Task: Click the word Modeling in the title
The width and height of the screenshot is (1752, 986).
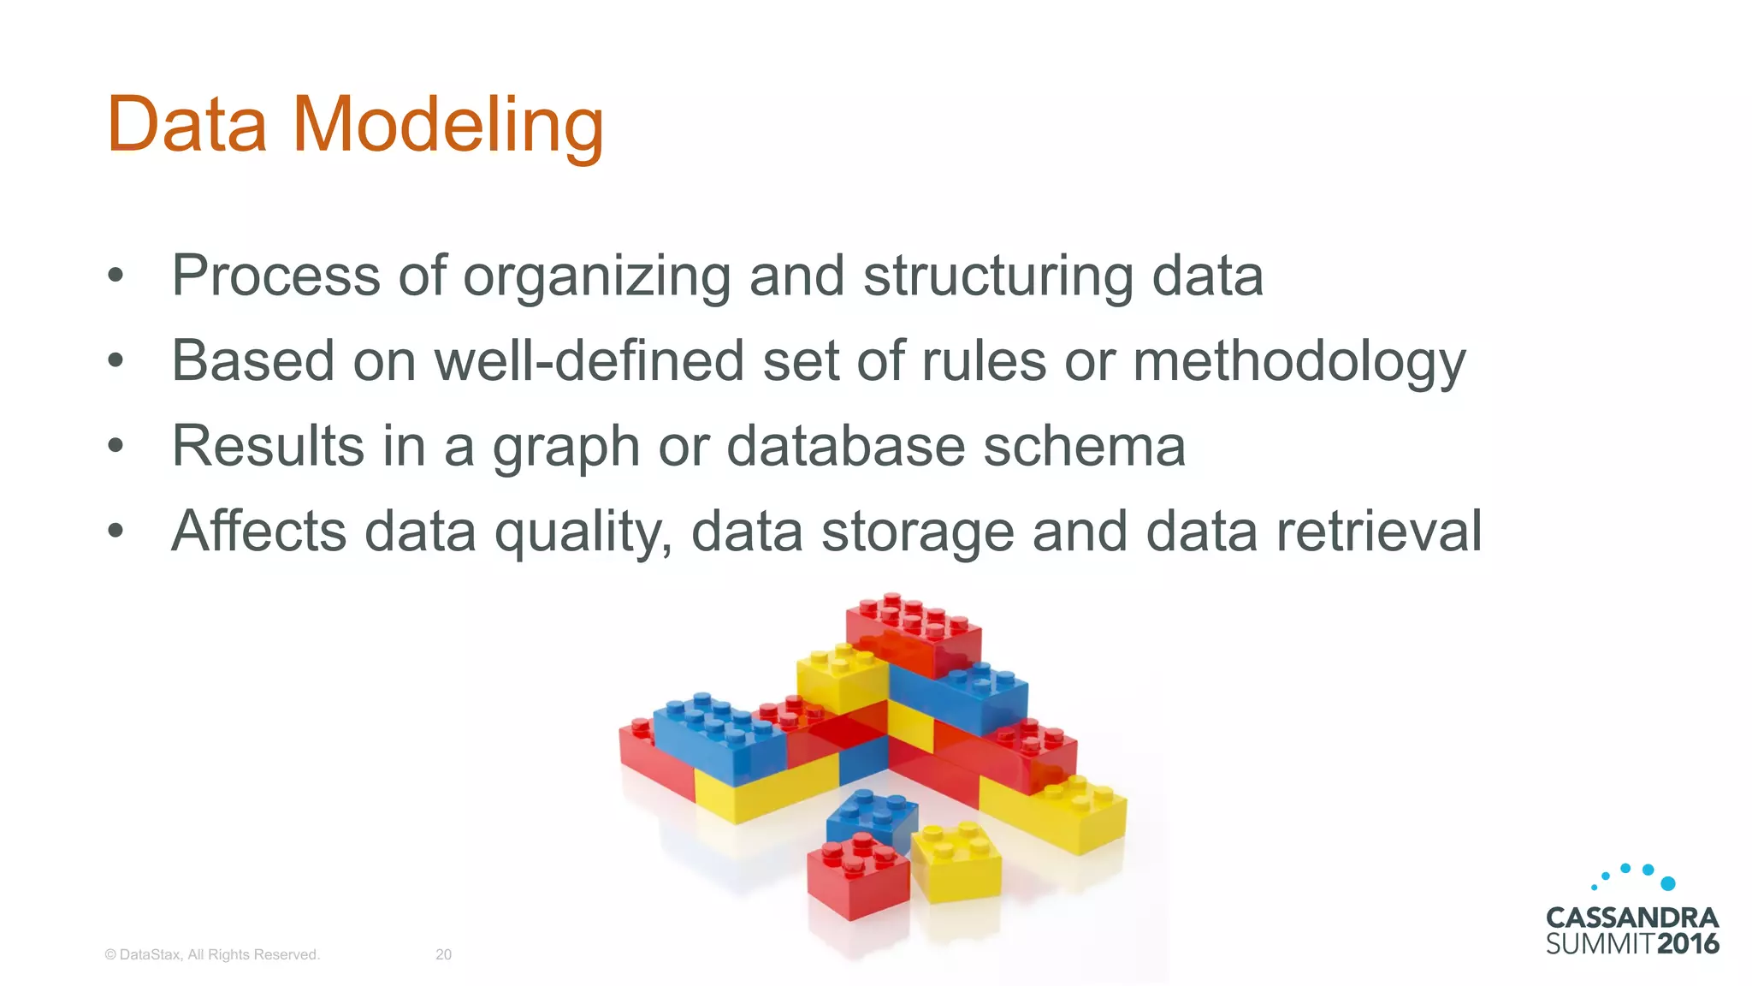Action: point(448,126)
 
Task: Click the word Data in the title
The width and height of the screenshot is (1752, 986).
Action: point(186,126)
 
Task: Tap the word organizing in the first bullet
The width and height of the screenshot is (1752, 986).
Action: point(596,276)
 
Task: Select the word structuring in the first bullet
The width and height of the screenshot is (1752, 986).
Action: point(997,276)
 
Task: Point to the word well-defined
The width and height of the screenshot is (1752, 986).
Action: point(589,360)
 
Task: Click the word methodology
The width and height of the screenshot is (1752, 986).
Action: point(1299,362)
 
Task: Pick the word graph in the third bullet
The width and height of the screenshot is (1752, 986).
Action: point(565,448)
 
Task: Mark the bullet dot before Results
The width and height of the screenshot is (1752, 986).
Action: point(116,446)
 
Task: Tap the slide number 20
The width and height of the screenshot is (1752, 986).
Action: point(443,954)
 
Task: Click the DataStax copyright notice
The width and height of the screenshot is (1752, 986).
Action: point(211,954)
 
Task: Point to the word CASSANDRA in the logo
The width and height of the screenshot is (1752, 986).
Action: point(1631,918)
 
